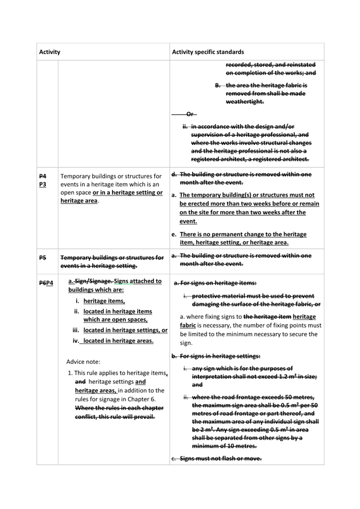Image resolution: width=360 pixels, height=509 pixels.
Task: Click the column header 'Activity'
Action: pyautogui.click(x=50, y=52)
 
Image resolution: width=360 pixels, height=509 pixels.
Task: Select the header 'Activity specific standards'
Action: pyautogui.click(x=207, y=52)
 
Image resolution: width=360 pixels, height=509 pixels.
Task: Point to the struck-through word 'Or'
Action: pyautogui.click(x=190, y=114)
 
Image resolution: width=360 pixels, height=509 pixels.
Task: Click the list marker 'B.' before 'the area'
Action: pyautogui.click(x=218, y=85)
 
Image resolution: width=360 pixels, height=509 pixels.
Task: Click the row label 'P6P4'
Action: pyautogui.click(x=46, y=282)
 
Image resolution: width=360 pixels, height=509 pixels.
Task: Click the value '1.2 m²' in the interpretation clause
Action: pyautogui.click(x=297, y=376)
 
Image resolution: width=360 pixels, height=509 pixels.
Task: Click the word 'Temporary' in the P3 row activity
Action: pyautogui.click(x=76, y=176)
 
